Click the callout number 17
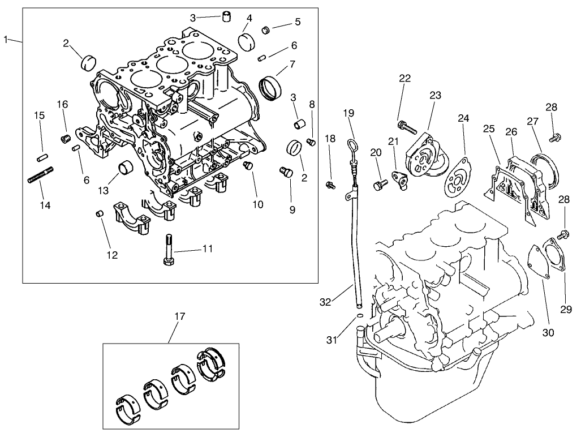(179, 317)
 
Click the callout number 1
(6, 39)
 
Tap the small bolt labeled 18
(330, 185)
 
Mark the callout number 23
(434, 95)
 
